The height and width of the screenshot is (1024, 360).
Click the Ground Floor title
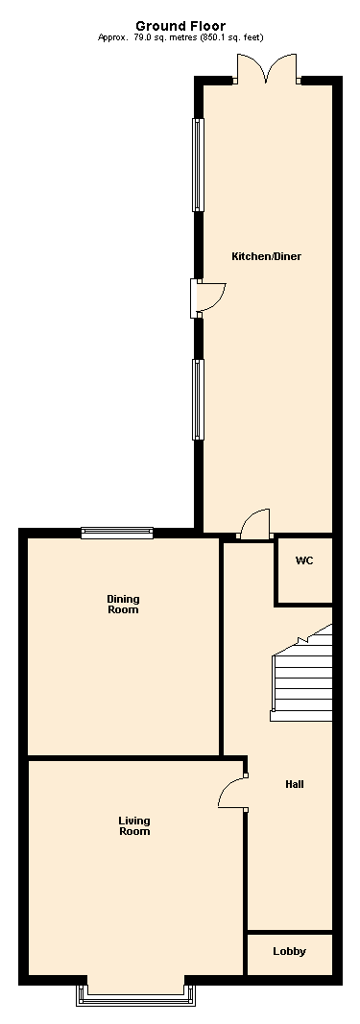[180, 26]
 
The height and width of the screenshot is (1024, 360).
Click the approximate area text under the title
[180, 37]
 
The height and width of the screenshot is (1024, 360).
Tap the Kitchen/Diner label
[259, 257]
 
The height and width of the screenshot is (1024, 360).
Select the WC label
[304, 560]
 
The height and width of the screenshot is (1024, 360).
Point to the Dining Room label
[123, 604]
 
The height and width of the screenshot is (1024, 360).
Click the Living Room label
[134, 825]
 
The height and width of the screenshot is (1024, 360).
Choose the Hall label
[295, 784]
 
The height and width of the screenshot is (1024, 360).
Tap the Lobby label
[289, 951]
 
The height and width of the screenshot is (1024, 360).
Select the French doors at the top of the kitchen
[268, 70]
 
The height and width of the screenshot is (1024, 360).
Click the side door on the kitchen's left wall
[205, 298]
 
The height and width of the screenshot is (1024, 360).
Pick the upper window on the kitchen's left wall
[198, 164]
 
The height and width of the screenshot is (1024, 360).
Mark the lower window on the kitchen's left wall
[198, 399]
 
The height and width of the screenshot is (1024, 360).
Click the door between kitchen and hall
[253, 524]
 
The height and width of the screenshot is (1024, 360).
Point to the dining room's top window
[117, 533]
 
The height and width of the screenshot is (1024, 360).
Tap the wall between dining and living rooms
[123, 758]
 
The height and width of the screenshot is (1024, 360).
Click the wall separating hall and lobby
[290, 931]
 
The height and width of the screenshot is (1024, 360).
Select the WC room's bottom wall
[304, 604]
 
